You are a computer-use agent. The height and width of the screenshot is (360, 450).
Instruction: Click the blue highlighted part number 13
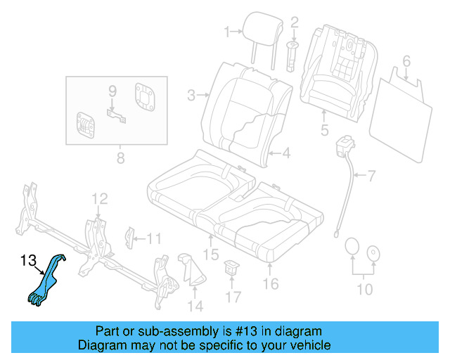46,281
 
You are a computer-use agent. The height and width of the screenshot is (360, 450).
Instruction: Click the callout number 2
295,22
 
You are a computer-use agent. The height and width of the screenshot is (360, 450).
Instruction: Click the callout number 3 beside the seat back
191,95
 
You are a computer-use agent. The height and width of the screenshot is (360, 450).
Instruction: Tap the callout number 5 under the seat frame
324,129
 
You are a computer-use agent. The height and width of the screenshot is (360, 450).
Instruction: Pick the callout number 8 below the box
120,156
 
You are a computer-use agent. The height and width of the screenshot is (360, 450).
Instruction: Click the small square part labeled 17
231,267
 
